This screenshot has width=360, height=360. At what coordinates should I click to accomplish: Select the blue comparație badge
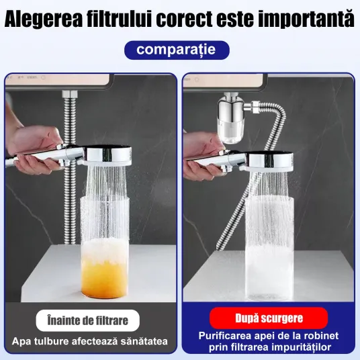coord(177,50)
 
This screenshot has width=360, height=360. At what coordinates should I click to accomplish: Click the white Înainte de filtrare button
coord(88,320)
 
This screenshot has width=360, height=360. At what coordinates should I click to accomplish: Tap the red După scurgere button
coord(269,318)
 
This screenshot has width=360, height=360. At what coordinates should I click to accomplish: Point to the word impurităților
coord(298,347)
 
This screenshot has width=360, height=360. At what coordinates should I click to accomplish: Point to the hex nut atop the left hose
coord(70,94)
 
